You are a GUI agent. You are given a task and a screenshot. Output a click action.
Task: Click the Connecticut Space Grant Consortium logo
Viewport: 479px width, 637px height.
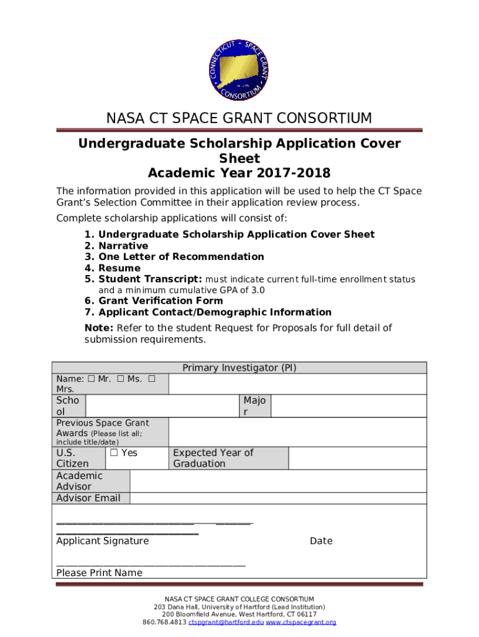240,70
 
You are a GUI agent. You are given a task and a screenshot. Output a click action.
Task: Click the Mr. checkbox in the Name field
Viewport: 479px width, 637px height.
91,379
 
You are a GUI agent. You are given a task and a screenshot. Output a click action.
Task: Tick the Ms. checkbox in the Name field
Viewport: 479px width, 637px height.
120,379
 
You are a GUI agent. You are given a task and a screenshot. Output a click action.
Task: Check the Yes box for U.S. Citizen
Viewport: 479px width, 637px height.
114,453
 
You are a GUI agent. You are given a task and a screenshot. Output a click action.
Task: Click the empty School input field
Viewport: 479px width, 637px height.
162,406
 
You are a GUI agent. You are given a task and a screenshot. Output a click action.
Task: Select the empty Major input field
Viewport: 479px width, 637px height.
348,406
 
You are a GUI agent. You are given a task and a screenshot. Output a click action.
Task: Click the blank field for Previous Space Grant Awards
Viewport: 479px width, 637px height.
297,432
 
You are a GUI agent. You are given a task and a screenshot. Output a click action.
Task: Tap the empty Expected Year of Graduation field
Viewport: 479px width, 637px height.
358,458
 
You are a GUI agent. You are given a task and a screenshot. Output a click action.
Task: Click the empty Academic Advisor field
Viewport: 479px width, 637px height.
278,481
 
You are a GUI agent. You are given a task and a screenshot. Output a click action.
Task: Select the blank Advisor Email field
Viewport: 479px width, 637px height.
278,498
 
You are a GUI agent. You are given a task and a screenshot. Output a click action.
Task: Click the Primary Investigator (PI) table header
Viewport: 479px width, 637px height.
240,368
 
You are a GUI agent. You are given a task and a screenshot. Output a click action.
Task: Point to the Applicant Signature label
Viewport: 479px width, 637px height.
103,541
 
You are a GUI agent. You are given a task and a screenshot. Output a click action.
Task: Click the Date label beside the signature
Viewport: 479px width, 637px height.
321,541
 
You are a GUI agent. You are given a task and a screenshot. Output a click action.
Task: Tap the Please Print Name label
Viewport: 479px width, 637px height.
100,572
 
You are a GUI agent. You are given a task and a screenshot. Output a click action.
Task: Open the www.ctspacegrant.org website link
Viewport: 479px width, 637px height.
301,622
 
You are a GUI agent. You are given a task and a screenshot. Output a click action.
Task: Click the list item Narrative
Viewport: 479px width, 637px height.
123,246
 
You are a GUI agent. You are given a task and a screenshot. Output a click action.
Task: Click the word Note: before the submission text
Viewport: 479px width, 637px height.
99,328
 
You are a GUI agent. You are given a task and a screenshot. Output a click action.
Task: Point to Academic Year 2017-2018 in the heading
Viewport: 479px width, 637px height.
240,173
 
